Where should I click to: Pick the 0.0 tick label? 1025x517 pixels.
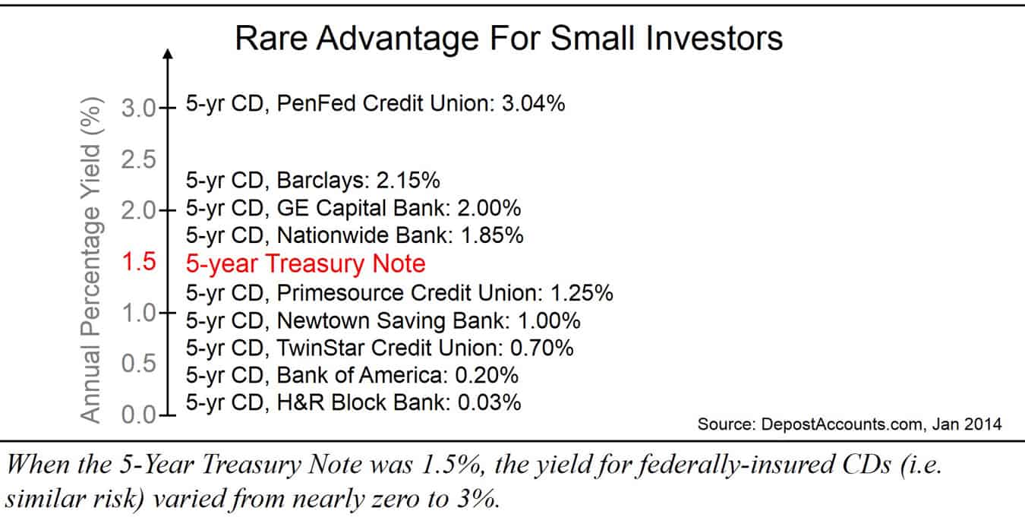(137, 415)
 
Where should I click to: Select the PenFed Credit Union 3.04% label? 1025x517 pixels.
(375, 104)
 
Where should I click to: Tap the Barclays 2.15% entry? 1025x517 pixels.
(314, 181)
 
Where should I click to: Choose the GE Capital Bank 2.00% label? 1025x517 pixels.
(353, 208)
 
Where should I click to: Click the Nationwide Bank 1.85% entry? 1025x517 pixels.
(355, 235)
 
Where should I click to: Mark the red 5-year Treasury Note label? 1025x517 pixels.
(305, 263)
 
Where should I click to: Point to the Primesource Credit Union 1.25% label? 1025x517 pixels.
(399, 292)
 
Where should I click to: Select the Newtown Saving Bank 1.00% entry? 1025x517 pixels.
(383, 320)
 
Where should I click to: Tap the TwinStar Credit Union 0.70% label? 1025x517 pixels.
(380, 348)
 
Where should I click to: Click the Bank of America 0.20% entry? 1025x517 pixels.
(352, 375)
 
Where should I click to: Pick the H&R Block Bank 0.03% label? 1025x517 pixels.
(353, 402)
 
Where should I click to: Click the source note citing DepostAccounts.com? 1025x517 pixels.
(849, 424)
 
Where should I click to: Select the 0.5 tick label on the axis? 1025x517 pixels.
(137, 364)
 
